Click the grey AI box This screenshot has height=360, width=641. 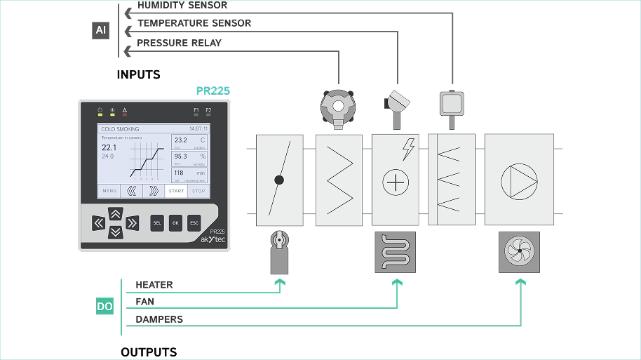pos(101,30)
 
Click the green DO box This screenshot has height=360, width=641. pos(104,307)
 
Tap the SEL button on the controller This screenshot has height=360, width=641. pos(157,223)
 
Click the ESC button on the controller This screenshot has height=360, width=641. pos(194,223)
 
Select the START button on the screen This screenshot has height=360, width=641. pos(176,191)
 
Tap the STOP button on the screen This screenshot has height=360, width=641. pos(198,191)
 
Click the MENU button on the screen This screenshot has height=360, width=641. pos(109,191)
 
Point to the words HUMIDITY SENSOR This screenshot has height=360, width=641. pos(182,5)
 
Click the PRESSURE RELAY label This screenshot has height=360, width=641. pos(179,43)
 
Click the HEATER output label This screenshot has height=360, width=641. pos(154,285)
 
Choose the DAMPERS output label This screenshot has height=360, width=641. pos(159,319)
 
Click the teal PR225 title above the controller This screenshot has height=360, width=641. pos(213,91)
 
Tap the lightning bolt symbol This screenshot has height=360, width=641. pos(408,149)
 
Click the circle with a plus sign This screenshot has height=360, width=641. pos(396,182)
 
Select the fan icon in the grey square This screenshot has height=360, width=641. pos(519,252)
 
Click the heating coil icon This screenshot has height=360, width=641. pos(396,252)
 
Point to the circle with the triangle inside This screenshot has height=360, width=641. pos(519,180)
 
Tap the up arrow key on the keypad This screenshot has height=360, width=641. pos(116,214)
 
